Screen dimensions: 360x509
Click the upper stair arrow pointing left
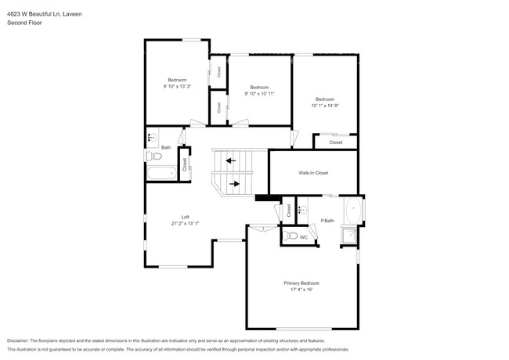230,161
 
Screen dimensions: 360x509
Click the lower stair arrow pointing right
234,185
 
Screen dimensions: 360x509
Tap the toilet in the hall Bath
151,156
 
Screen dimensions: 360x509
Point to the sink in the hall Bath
151,138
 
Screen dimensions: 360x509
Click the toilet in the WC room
291,236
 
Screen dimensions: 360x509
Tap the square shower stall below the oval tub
349,236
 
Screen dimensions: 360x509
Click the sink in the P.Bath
301,210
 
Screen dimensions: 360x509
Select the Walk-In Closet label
313,172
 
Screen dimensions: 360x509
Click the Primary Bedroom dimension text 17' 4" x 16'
301,290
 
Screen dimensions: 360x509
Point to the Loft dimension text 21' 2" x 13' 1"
186,223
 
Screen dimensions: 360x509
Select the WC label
303,237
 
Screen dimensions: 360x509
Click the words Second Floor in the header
23,23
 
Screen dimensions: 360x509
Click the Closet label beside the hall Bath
185,164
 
